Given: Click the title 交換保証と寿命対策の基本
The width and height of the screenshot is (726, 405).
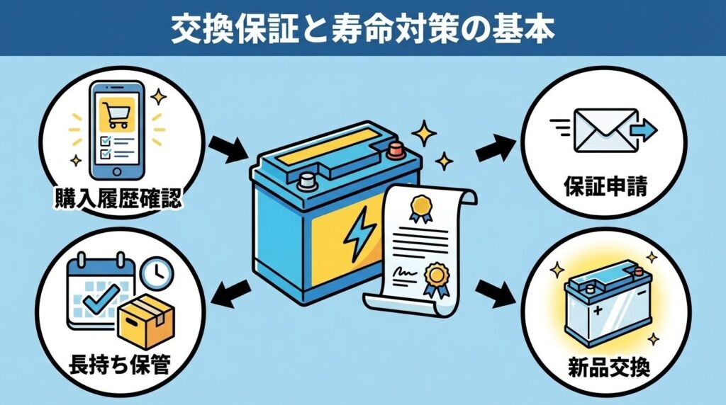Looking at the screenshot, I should [x=363, y=28].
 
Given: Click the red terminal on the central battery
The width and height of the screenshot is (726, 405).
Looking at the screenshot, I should [x=394, y=149].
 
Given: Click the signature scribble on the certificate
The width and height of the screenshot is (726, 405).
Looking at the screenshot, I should [x=405, y=273].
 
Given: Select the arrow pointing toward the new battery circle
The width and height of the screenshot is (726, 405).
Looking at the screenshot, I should [x=490, y=290].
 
